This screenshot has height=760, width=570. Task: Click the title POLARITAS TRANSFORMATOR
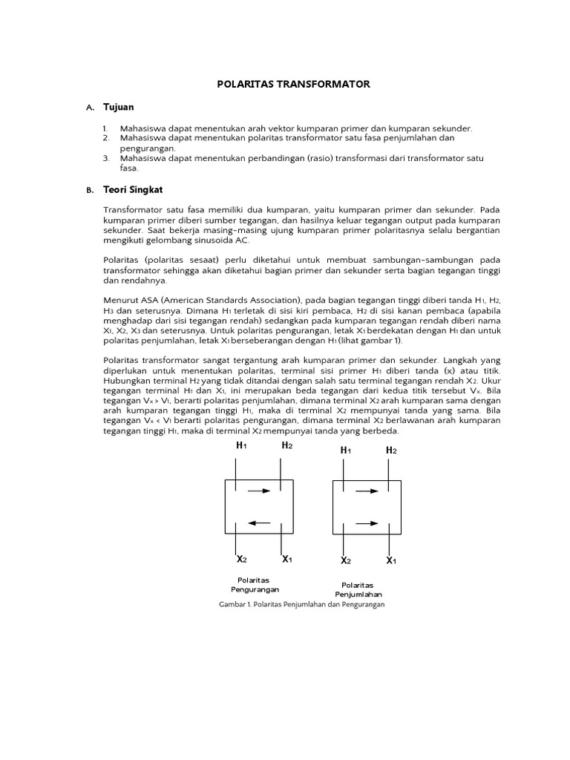click(x=292, y=85)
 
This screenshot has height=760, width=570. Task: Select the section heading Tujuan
click(x=118, y=108)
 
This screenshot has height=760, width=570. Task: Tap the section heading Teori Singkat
click(x=131, y=190)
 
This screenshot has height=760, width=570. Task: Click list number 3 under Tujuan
click(x=106, y=158)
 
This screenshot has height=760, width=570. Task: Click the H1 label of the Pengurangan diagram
click(x=241, y=445)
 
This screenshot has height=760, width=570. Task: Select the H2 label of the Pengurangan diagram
click(x=286, y=445)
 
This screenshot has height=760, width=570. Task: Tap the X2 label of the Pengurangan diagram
click(x=242, y=559)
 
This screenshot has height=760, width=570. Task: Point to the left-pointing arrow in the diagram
click(x=259, y=522)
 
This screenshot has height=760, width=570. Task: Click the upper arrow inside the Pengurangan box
click(x=259, y=491)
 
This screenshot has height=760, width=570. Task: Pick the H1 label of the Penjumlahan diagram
click(x=346, y=451)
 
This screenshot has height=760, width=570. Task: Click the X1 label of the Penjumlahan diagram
click(x=391, y=560)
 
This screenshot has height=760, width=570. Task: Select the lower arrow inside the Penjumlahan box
click(x=367, y=523)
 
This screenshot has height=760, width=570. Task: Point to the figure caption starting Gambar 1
click(x=301, y=605)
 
